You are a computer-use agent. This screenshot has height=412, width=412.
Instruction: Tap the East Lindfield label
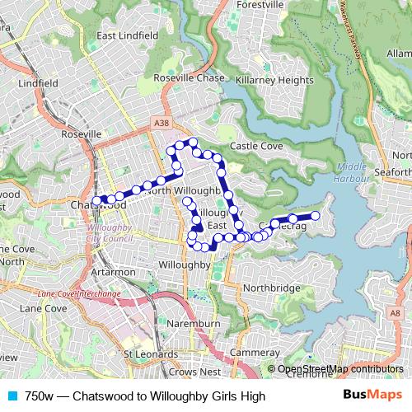click(127, 36)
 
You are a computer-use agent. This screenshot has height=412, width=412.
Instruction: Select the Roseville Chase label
click(189, 78)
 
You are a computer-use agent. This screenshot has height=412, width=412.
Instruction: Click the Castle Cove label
click(255, 146)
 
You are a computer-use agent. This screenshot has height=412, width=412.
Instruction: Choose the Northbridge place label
click(271, 288)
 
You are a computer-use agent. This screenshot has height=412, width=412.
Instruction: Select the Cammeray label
click(250, 352)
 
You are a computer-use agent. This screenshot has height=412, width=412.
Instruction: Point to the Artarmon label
click(107, 271)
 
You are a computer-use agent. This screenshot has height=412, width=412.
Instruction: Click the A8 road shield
click(397, 314)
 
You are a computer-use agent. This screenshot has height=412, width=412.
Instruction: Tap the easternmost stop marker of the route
click(315, 216)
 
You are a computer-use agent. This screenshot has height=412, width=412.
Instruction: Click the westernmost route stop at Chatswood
click(96, 200)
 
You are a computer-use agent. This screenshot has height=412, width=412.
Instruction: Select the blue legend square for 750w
click(12, 396)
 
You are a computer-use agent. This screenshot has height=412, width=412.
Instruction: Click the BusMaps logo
click(372, 396)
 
